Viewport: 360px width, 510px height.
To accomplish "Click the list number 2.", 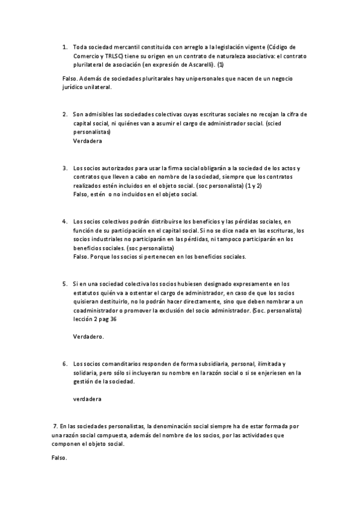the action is point(64,114).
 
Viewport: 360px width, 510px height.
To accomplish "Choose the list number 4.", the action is point(64,221).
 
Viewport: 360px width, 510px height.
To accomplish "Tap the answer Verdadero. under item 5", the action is point(88,337).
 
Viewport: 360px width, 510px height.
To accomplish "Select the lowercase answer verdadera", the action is point(87,399).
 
